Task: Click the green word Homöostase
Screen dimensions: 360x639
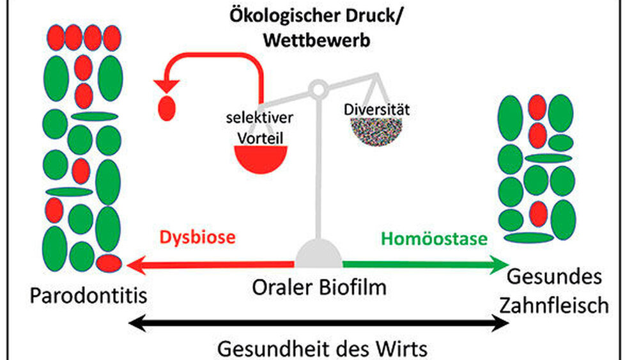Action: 434,239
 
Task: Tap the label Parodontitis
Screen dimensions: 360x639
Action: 88,295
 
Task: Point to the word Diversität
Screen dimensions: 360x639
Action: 376,109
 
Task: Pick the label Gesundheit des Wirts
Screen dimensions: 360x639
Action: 322,349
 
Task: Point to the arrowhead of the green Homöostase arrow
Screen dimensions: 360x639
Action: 502,262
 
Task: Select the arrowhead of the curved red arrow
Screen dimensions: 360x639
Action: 163,82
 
